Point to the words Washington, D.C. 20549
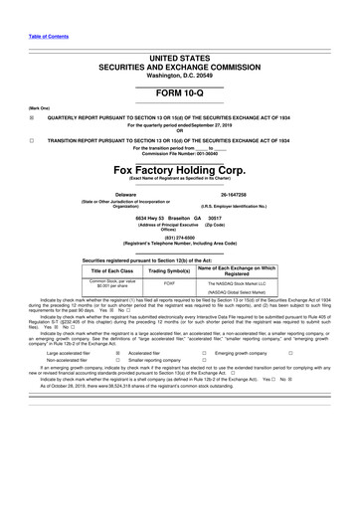[179, 48]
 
